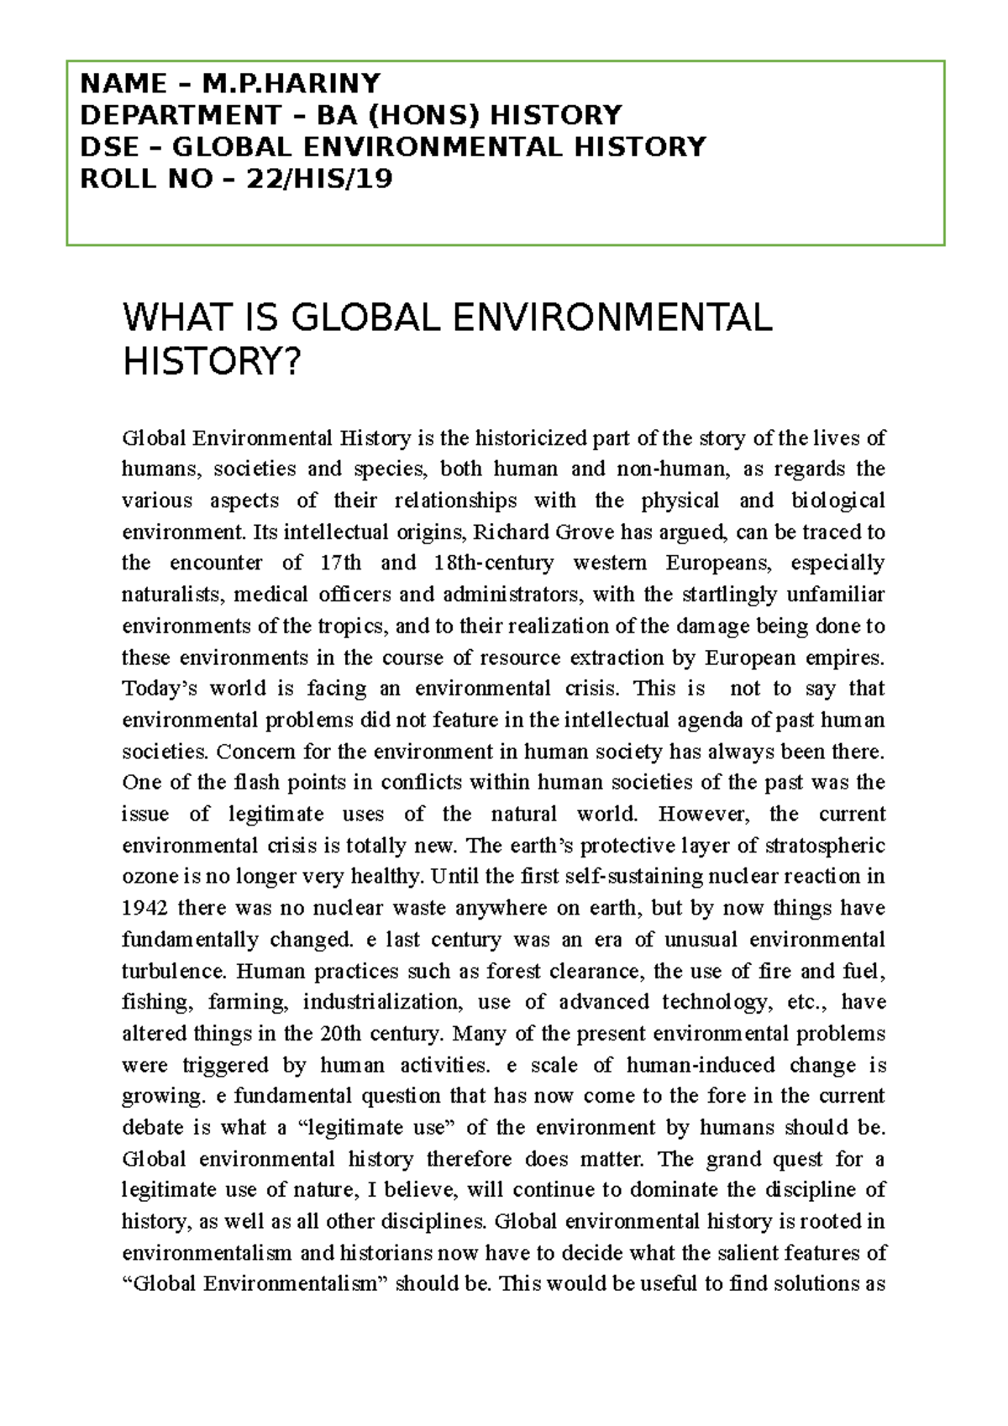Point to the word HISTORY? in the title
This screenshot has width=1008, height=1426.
(211, 362)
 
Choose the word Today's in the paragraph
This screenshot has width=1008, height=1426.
(160, 689)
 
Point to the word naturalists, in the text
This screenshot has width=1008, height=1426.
(173, 595)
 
